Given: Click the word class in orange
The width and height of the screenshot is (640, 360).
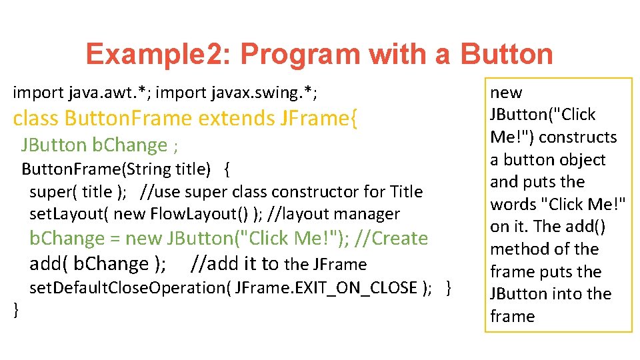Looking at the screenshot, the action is [x=36, y=119].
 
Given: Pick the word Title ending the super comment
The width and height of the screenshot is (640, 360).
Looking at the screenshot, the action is [x=406, y=192].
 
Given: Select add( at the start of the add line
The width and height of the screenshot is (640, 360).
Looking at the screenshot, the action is [x=48, y=264].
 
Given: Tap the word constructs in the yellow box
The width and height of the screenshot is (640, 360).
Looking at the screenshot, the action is [x=578, y=137].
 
